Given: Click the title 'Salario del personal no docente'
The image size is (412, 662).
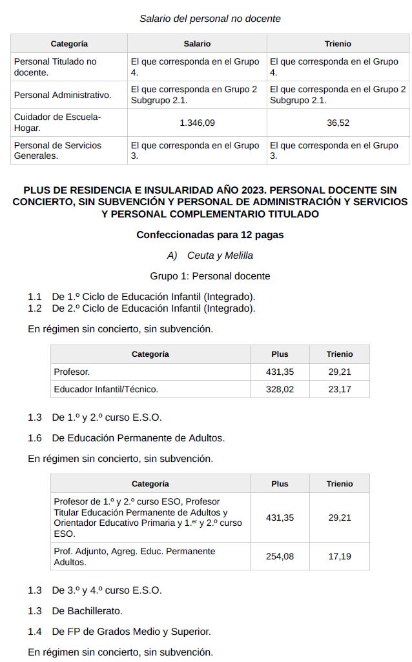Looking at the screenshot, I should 210,19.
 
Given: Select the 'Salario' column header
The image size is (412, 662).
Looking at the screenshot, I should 197,44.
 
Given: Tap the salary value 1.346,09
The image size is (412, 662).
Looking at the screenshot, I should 197,123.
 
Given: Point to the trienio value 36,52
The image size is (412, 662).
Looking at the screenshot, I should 338,123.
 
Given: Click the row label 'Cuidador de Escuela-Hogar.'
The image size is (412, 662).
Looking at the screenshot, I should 57,123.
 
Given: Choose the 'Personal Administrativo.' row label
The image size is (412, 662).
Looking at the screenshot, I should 63,95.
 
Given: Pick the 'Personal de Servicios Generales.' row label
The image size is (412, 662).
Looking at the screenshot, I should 57,150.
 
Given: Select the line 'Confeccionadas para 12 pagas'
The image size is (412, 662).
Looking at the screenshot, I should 210,235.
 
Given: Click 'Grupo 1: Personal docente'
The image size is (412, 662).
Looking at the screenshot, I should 210,276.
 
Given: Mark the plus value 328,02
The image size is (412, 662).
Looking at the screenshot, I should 280,389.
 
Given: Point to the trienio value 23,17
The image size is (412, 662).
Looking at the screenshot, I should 340,389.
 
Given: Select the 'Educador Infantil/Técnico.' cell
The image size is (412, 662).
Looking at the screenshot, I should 106,389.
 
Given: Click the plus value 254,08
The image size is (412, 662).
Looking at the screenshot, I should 280,556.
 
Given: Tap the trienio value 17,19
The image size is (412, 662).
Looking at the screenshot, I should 340,556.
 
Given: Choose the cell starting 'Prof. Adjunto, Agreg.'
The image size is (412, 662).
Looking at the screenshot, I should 134,556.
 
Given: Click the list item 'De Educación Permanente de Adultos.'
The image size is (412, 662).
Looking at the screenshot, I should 138,438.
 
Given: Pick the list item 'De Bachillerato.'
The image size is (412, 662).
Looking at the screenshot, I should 87,610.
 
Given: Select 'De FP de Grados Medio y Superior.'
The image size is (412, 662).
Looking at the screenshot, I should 131,632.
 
